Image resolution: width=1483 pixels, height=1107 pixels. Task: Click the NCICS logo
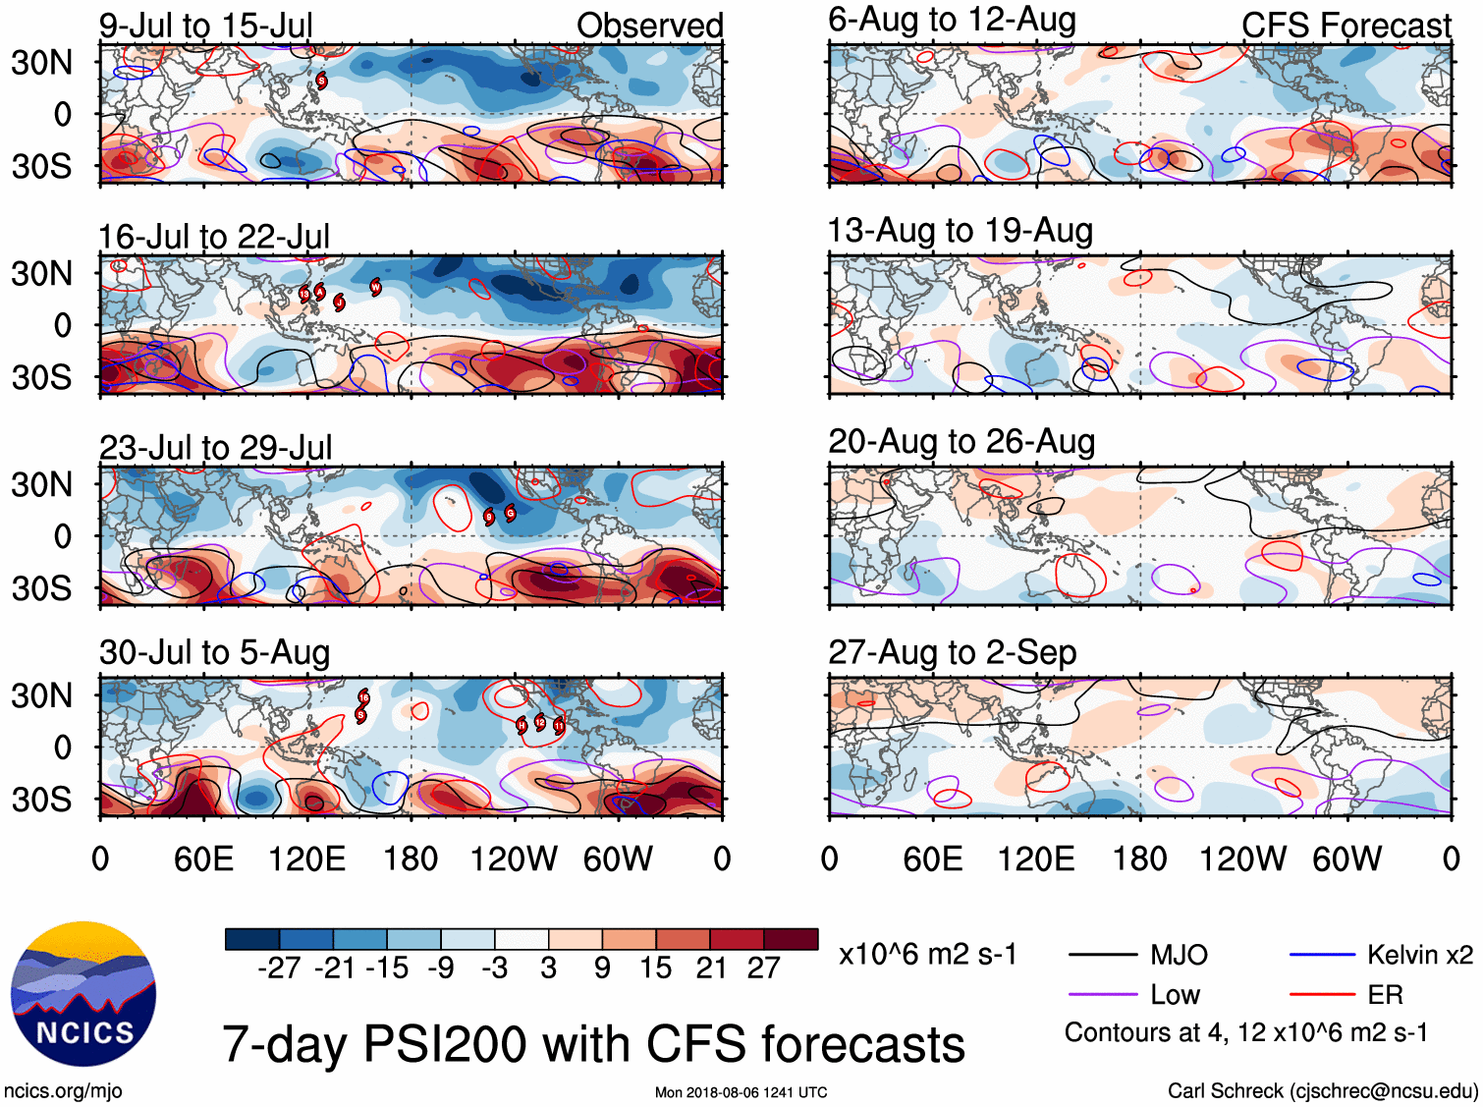point(83,994)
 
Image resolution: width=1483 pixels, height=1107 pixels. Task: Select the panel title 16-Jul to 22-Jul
point(213,237)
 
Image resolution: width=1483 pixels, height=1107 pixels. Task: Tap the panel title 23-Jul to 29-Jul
point(215,448)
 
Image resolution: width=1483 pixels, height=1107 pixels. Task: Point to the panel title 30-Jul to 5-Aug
point(214,653)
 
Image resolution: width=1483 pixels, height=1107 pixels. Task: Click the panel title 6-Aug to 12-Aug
point(952,20)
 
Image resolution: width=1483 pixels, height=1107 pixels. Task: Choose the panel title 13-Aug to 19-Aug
point(960,231)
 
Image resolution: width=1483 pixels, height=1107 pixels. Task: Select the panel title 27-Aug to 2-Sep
point(952,653)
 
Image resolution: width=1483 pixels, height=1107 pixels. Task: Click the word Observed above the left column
point(649,27)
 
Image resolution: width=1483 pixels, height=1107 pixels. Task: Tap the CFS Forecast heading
point(1346,27)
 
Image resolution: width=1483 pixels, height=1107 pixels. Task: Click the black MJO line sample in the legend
point(1102,955)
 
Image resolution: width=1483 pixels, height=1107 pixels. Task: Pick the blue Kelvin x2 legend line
point(1322,955)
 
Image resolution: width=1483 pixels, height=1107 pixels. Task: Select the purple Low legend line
point(1102,995)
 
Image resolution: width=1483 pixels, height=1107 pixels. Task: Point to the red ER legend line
point(1322,995)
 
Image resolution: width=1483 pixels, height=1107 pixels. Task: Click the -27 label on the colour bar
point(279,969)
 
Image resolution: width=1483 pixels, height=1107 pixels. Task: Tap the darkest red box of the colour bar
point(791,939)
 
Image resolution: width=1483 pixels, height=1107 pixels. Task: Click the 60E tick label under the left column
point(203,859)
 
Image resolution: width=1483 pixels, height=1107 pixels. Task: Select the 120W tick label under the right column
point(1242,859)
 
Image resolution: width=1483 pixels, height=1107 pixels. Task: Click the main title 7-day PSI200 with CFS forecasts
point(593,1044)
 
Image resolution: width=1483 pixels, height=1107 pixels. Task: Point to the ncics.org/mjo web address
point(63,1091)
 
